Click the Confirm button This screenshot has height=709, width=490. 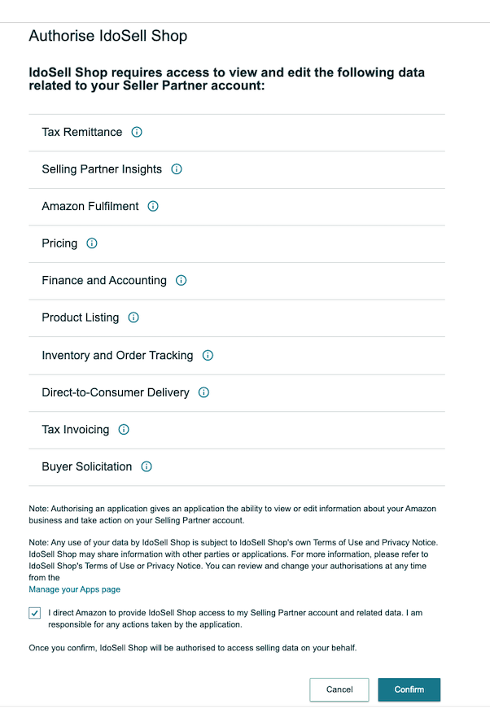click(409, 689)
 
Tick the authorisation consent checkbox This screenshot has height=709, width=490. click(34, 613)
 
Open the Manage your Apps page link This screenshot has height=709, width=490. click(74, 589)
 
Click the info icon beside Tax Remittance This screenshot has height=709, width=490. click(137, 132)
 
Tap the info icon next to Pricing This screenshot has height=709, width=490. click(92, 243)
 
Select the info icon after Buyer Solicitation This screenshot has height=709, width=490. click(147, 466)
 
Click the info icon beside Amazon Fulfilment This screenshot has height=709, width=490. click(153, 207)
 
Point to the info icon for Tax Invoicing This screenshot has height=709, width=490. click(124, 429)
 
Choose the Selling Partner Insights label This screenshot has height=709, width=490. click(102, 169)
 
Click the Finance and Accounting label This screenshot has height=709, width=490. click(104, 281)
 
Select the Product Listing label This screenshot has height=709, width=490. click(80, 317)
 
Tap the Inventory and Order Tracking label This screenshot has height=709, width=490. click(117, 355)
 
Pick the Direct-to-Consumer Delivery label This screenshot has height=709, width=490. click(116, 392)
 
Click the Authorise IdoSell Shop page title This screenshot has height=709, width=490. click(107, 36)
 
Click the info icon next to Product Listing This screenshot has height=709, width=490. click(133, 317)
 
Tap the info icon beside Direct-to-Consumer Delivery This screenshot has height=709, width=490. click(203, 392)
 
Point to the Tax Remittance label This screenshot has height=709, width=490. click(81, 132)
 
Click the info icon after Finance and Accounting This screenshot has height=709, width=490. click(181, 281)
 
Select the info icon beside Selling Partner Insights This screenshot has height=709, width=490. click(177, 169)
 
